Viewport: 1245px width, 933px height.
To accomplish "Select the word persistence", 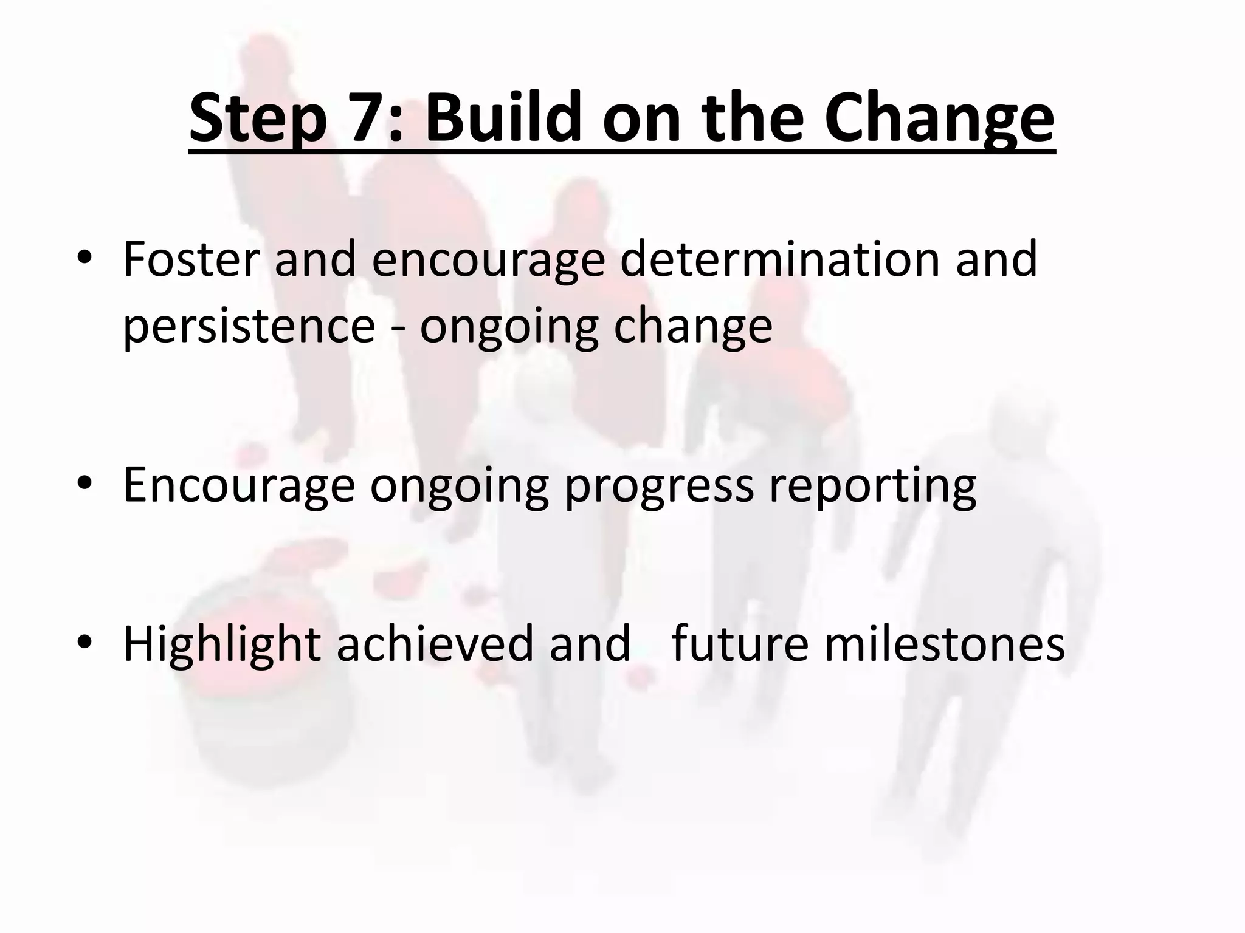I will coord(249,326).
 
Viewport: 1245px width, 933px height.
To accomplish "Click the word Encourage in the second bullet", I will coord(238,486).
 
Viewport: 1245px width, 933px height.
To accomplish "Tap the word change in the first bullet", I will coord(692,326).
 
